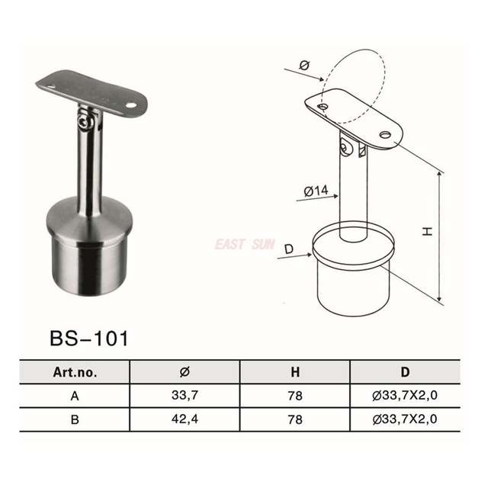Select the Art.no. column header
click(74, 372)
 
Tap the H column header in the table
click(295, 372)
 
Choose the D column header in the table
click(405, 372)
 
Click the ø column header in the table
click(185, 372)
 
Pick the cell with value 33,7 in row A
click(185, 396)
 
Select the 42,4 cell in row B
click(185, 419)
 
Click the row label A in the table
click(74, 396)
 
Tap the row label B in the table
click(74, 419)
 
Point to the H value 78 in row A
click(295, 396)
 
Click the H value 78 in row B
click(295, 419)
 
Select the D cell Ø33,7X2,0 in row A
click(405, 396)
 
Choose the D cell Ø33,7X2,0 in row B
click(405, 419)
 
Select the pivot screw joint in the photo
click(85, 117)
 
